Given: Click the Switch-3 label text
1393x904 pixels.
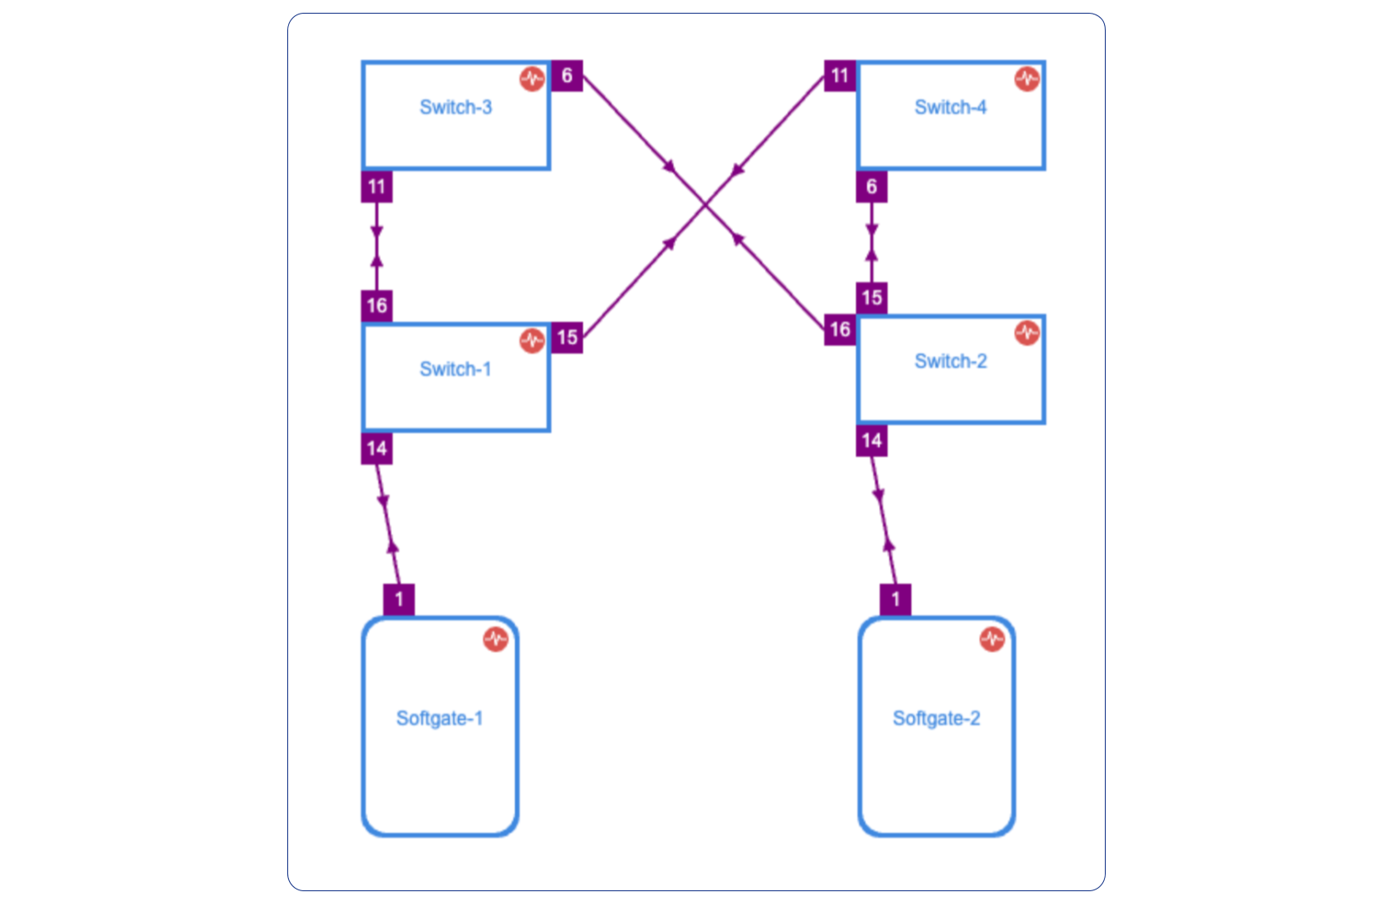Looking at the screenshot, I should [x=455, y=107].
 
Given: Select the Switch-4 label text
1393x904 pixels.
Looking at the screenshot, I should [x=950, y=107].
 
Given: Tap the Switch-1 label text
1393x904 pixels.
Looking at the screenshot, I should [x=455, y=369].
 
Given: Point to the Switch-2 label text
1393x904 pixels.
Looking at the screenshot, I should [x=950, y=362].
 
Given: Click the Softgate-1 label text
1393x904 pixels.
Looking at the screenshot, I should [x=439, y=718].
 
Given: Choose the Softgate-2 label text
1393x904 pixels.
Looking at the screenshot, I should [x=936, y=718].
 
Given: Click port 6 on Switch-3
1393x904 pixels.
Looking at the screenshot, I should [x=567, y=76].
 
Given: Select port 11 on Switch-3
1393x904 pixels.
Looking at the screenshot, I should [x=377, y=187].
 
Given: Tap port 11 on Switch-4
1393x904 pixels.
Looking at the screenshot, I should [x=840, y=76].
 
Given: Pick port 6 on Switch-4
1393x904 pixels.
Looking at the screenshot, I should [x=871, y=187].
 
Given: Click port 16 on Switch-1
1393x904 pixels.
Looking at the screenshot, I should [x=377, y=306].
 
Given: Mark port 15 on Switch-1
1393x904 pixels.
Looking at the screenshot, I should [x=567, y=338].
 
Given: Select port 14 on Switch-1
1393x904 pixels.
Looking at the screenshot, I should [x=377, y=449].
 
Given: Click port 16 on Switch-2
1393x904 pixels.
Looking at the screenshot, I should [x=840, y=330].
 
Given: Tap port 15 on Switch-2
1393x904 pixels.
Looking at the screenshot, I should [x=871, y=298].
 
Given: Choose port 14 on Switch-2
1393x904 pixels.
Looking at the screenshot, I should [x=871, y=441].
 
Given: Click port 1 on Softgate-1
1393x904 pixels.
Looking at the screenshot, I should [x=399, y=600].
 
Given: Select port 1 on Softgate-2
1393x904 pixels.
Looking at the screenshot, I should [x=895, y=600].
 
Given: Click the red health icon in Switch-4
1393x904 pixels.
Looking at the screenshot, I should [x=1026, y=79].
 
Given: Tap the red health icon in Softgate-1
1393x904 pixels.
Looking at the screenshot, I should [x=495, y=639].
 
